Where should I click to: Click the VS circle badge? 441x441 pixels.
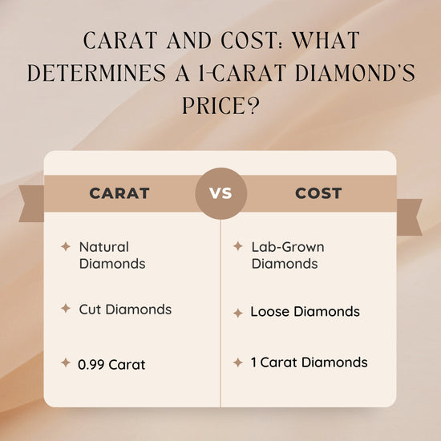coord(220,193)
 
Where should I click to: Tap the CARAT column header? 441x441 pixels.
coord(119,193)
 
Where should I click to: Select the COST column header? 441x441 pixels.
coord(318,193)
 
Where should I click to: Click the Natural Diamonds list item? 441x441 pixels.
coord(112,254)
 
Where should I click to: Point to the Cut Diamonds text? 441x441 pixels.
coord(125,309)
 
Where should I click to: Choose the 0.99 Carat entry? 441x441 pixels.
coord(111,364)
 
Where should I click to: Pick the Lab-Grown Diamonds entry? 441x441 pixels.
coord(288,255)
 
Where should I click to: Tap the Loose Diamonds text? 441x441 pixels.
coord(305,312)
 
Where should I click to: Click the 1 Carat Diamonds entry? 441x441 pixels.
coord(309,362)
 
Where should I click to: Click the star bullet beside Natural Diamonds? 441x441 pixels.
coord(66,247)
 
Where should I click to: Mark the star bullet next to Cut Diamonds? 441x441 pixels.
coord(66,309)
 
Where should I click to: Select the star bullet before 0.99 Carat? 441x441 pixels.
coord(66,363)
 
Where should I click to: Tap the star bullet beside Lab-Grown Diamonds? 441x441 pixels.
coord(237,247)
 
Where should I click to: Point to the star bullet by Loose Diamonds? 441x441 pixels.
coord(237,313)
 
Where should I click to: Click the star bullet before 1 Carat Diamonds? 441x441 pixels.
coord(237,362)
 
